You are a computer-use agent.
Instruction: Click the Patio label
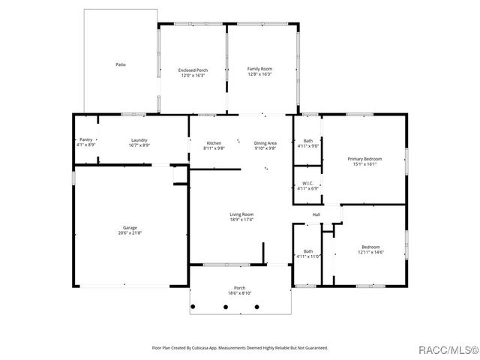(120, 65)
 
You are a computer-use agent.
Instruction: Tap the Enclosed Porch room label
(193, 70)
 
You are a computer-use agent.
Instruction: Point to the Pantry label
(86, 139)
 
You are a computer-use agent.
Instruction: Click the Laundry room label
(139, 139)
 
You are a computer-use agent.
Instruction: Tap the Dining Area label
(265, 142)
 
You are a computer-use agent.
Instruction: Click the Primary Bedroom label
(364, 158)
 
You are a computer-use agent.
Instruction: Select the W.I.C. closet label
(307, 183)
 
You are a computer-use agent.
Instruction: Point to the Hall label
(316, 214)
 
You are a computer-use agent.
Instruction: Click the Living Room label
(241, 214)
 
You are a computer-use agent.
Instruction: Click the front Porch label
(240, 288)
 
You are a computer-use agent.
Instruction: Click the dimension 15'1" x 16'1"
(364, 163)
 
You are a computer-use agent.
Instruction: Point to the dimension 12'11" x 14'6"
(370, 252)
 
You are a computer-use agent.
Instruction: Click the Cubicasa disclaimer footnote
(240, 348)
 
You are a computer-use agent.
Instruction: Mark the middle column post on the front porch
(240, 306)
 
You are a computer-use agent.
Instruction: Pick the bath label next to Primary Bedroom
(307, 140)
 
